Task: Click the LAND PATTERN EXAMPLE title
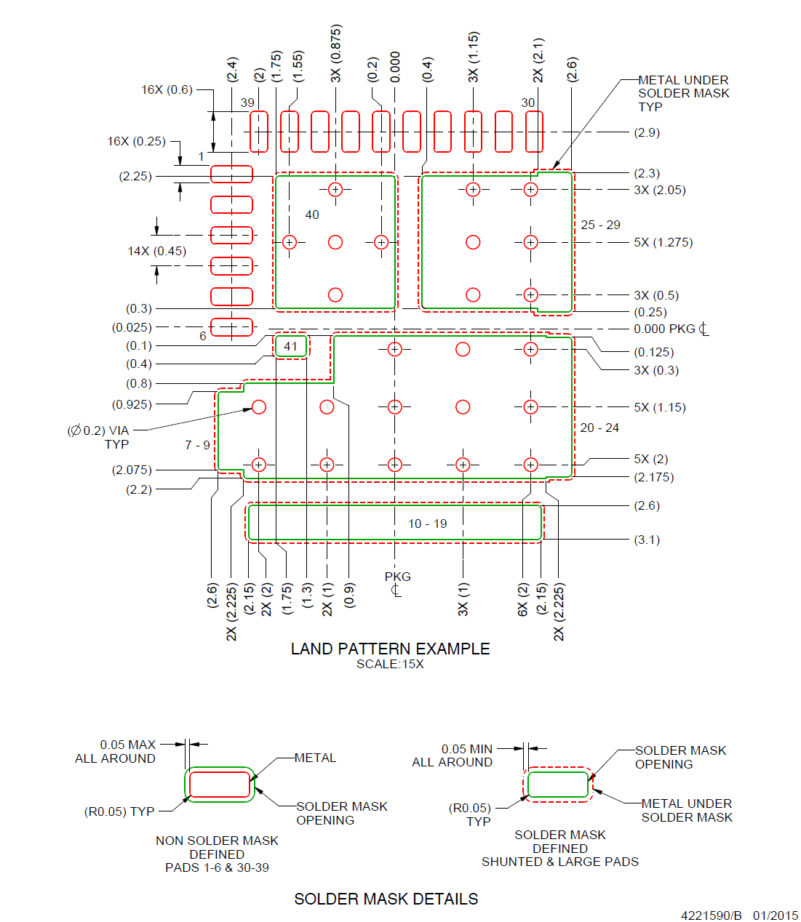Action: point(390,649)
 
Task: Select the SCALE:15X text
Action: point(390,665)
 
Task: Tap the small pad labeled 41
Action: point(291,346)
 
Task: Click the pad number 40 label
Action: point(312,215)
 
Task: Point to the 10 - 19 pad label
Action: point(427,524)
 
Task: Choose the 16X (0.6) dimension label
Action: point(167,89)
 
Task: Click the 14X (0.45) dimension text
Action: point(156,251)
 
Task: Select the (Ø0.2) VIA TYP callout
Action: point(98,437)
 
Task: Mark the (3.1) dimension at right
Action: point(647,540)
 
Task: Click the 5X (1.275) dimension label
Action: point(663,242)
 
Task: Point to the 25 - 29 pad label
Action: point(600,225)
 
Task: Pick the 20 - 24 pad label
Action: point(599,428)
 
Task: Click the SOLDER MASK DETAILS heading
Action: point(386,899)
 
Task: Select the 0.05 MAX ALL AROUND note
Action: point(116,751)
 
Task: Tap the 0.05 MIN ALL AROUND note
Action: point(453,755)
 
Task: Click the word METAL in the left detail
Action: point(315,758)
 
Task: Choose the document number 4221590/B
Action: point(711,915)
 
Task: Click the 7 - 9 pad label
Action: point(197,445)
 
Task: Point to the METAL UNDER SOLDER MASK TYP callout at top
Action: point(683,93)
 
